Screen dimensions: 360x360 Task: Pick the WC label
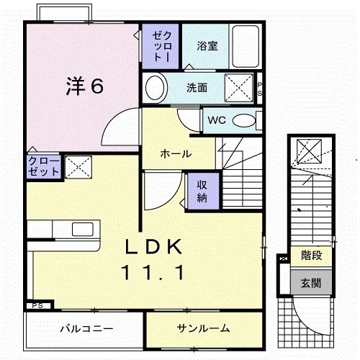216,120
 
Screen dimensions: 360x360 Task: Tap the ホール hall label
175,154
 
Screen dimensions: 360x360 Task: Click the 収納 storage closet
202,189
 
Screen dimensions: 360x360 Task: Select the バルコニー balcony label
86,328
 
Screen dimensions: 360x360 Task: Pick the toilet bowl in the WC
245,120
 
